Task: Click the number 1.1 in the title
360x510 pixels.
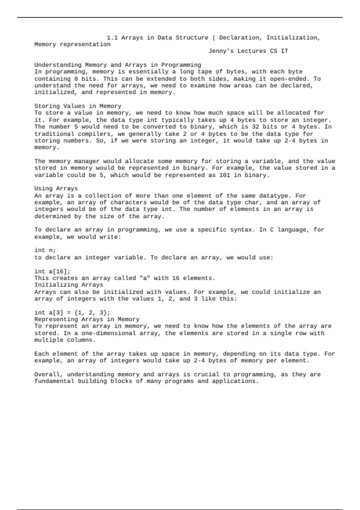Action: pos(112,38)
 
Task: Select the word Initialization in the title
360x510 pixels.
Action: pos(293,38)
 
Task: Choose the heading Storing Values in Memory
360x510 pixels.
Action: pos(78,106)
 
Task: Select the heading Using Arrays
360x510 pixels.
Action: pos(56,189)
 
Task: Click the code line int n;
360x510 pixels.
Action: pos(45,250)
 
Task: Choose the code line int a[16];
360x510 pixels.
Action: pos(52,271)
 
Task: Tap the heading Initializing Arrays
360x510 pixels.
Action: pos(69,285)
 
